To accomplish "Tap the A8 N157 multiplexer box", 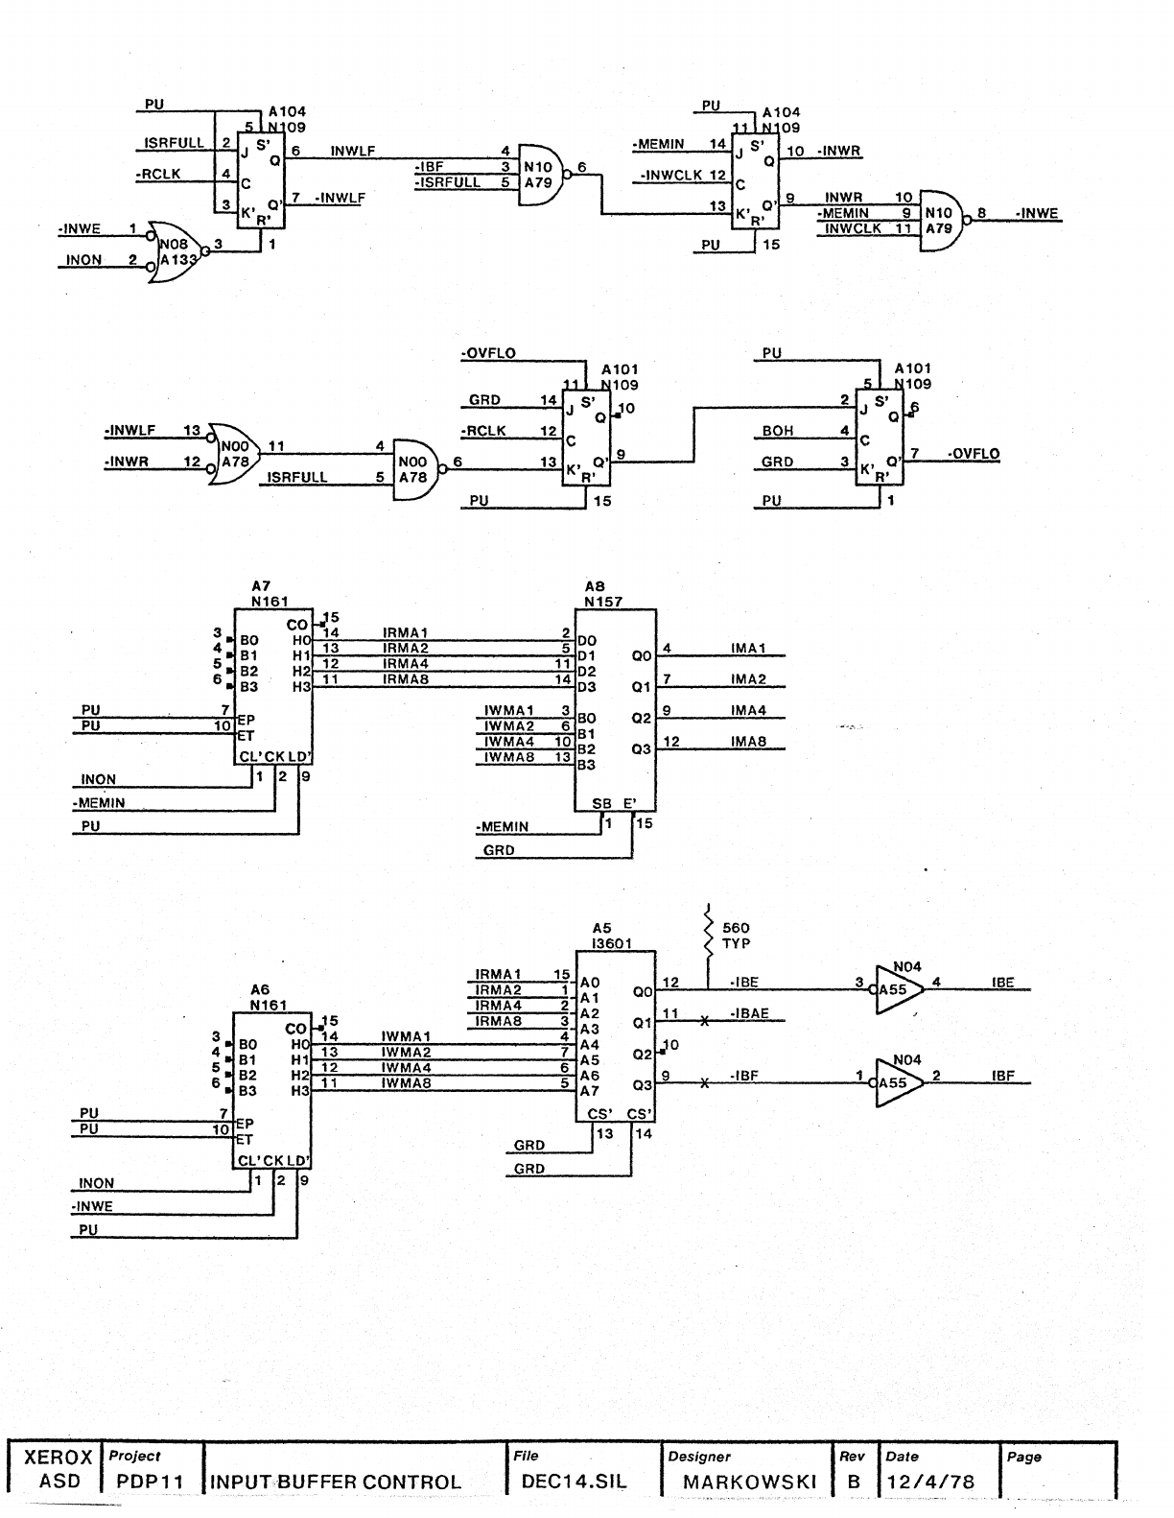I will (615, 708).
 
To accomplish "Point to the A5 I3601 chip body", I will (615, 1035).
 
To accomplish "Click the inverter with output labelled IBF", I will (900, 1082).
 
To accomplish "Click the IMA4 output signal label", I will (748, 711).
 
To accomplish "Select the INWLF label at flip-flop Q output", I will (352, 151).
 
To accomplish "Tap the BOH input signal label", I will (778, 432).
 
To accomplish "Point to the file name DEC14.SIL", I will (574, 1481).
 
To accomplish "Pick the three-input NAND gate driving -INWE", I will (943, 219).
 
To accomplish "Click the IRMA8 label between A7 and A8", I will (405, 679).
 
